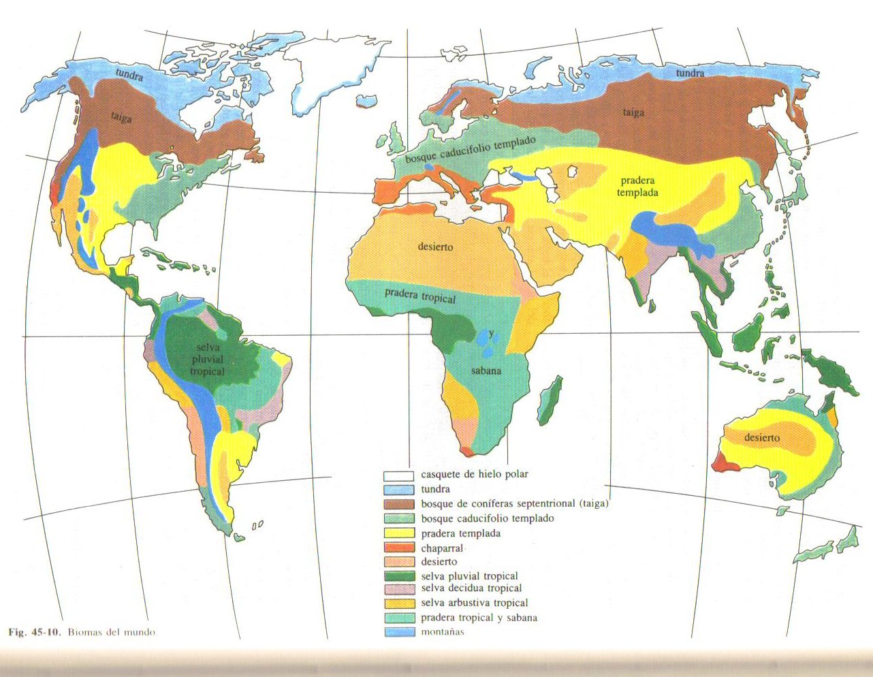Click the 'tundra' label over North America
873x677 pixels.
[x=129, y=75]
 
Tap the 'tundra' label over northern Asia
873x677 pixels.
[x=690, y=73]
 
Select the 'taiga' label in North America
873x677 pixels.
[x=121, y=117]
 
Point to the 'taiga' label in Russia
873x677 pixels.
[x=633, y=112]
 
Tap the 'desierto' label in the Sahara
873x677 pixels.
[x=435, y=247]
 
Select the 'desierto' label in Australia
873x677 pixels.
[x=762, y=437]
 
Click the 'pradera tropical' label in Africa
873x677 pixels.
[x=420, y=296]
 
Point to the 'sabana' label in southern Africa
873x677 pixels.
[x=486, y=371]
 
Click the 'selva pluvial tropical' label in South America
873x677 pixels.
[x=207, y=360]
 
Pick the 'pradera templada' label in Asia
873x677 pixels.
[x=637, y=187]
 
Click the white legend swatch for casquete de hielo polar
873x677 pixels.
[x=398, y=475]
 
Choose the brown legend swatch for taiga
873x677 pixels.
[x=398, y=504]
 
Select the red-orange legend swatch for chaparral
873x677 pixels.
[x=398, y=548]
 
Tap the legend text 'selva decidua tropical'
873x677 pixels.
[x=471, y=588]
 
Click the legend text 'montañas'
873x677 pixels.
[x=442, y=631]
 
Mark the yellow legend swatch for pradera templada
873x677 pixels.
[x=398, y=533]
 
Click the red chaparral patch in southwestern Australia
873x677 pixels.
[x=723, y=463]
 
